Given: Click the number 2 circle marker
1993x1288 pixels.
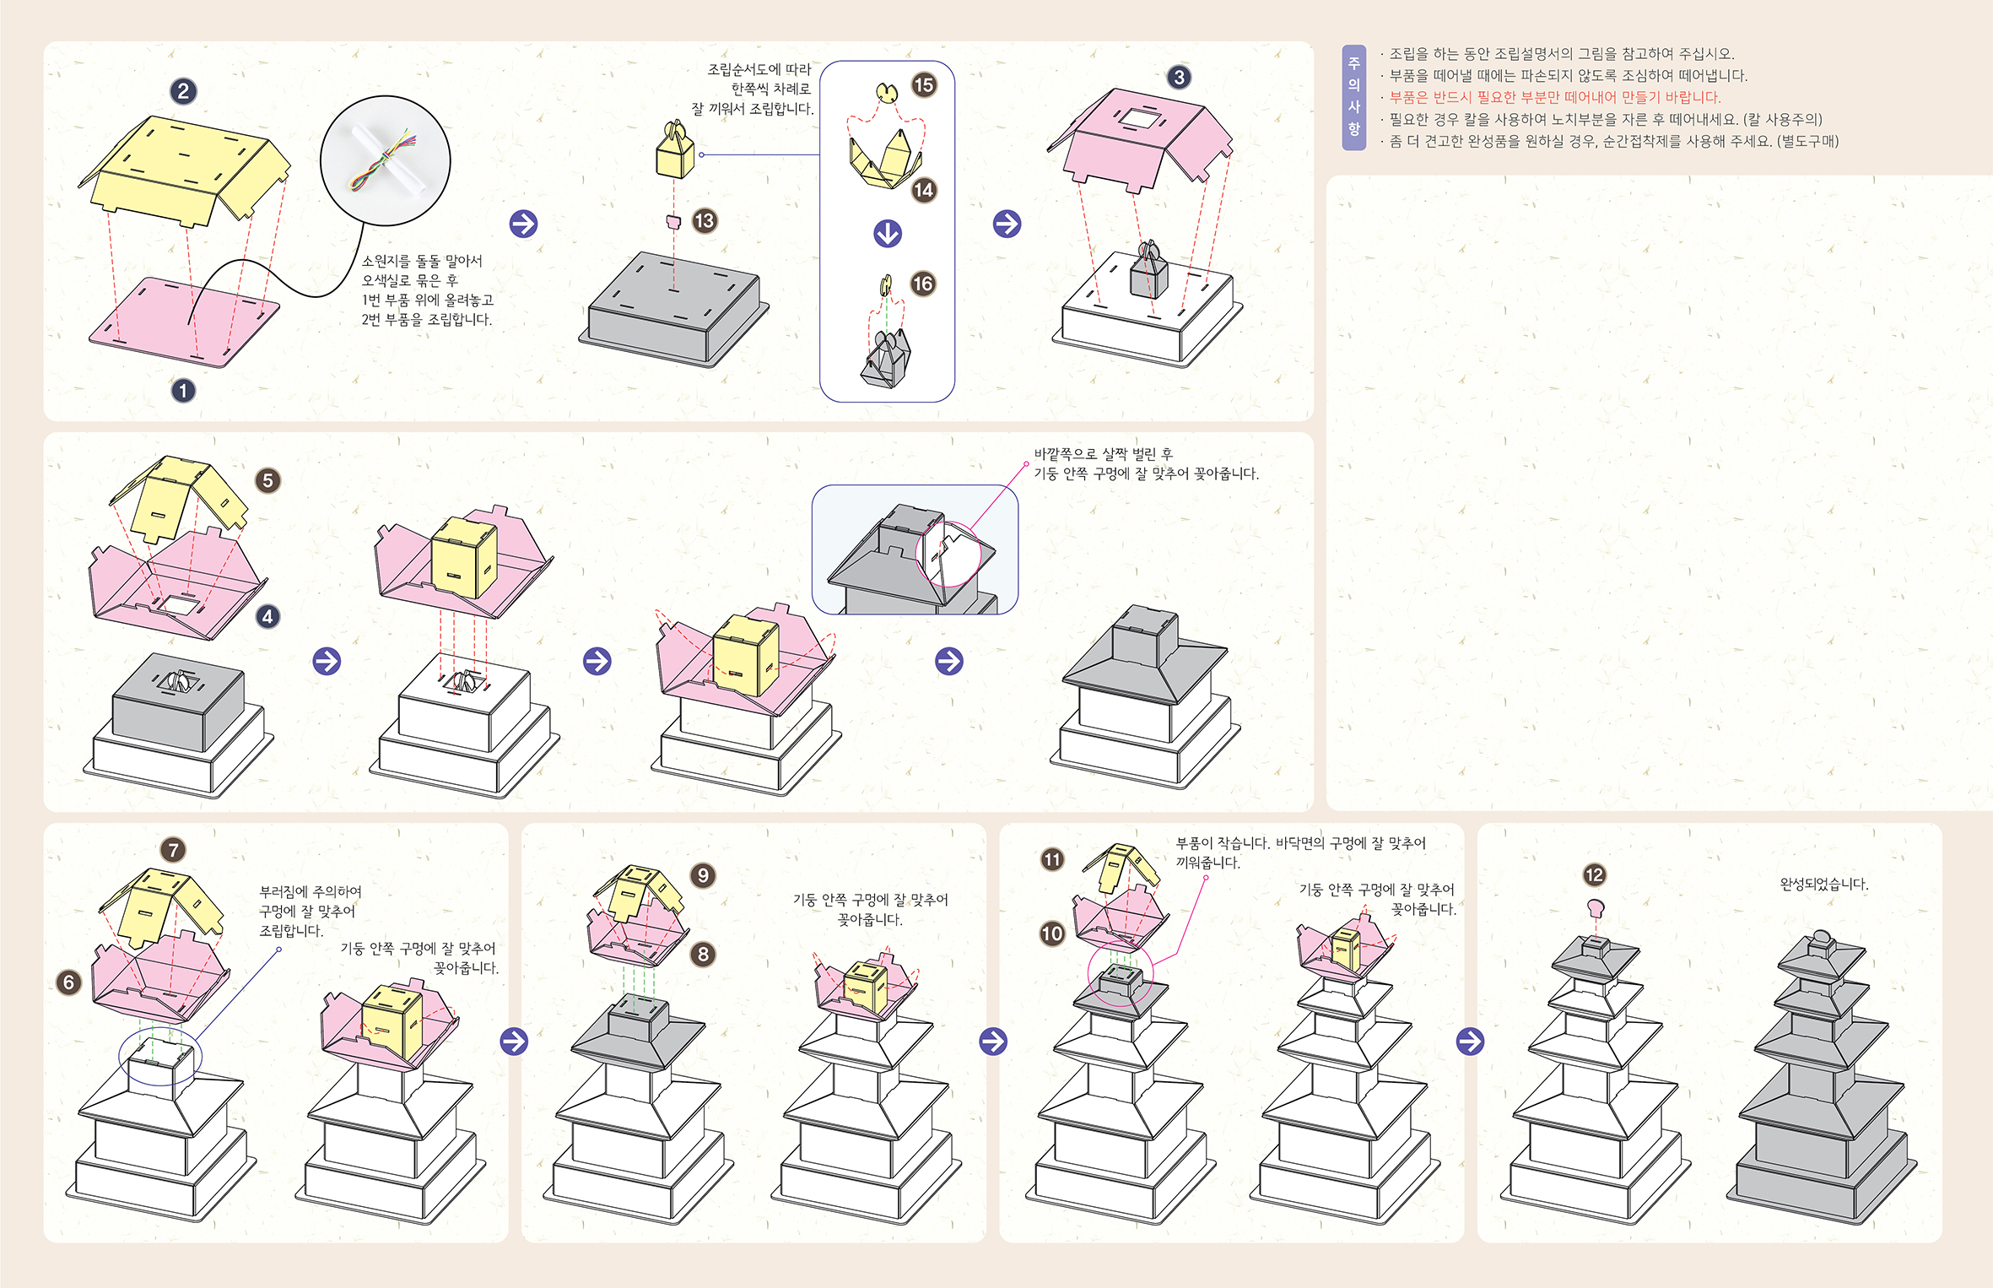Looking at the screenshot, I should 183,91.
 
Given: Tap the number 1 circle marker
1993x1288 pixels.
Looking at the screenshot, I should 183,391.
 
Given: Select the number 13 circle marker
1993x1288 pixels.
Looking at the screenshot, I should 705,221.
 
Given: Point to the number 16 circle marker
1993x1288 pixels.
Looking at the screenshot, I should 923,284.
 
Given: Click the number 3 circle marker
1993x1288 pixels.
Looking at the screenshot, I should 1179,78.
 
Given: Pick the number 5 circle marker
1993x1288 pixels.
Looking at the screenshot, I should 267,481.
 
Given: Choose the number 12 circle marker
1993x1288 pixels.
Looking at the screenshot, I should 1594,875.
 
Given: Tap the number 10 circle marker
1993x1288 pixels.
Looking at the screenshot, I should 1052,934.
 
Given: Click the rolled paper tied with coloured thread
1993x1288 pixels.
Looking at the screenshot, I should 385,160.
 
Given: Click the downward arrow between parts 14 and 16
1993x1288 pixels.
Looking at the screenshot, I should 887,233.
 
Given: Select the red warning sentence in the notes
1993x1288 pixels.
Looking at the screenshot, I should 1554,98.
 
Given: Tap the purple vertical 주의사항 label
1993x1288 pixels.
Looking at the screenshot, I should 1353,97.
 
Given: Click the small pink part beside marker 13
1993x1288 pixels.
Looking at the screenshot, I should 673,222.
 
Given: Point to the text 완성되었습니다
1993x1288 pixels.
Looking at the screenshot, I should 1824,885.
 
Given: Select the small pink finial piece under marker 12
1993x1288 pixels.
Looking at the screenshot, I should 1595,908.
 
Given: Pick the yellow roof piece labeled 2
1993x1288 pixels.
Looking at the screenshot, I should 186,169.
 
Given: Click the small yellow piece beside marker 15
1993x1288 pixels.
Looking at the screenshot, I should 885,91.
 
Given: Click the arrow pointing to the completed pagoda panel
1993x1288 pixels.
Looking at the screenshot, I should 1470,1042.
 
